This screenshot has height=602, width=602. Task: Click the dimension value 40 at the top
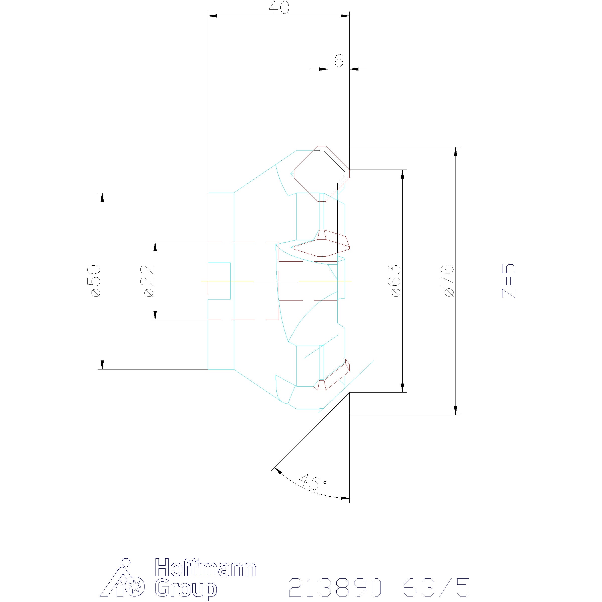(279, 8)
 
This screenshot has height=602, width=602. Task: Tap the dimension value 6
(339, 60)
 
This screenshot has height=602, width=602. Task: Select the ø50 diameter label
(96, 281)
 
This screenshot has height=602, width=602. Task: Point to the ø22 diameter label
(149, 281)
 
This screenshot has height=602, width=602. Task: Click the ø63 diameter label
(396, 281)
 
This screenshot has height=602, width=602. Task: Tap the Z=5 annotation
(508, 281)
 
